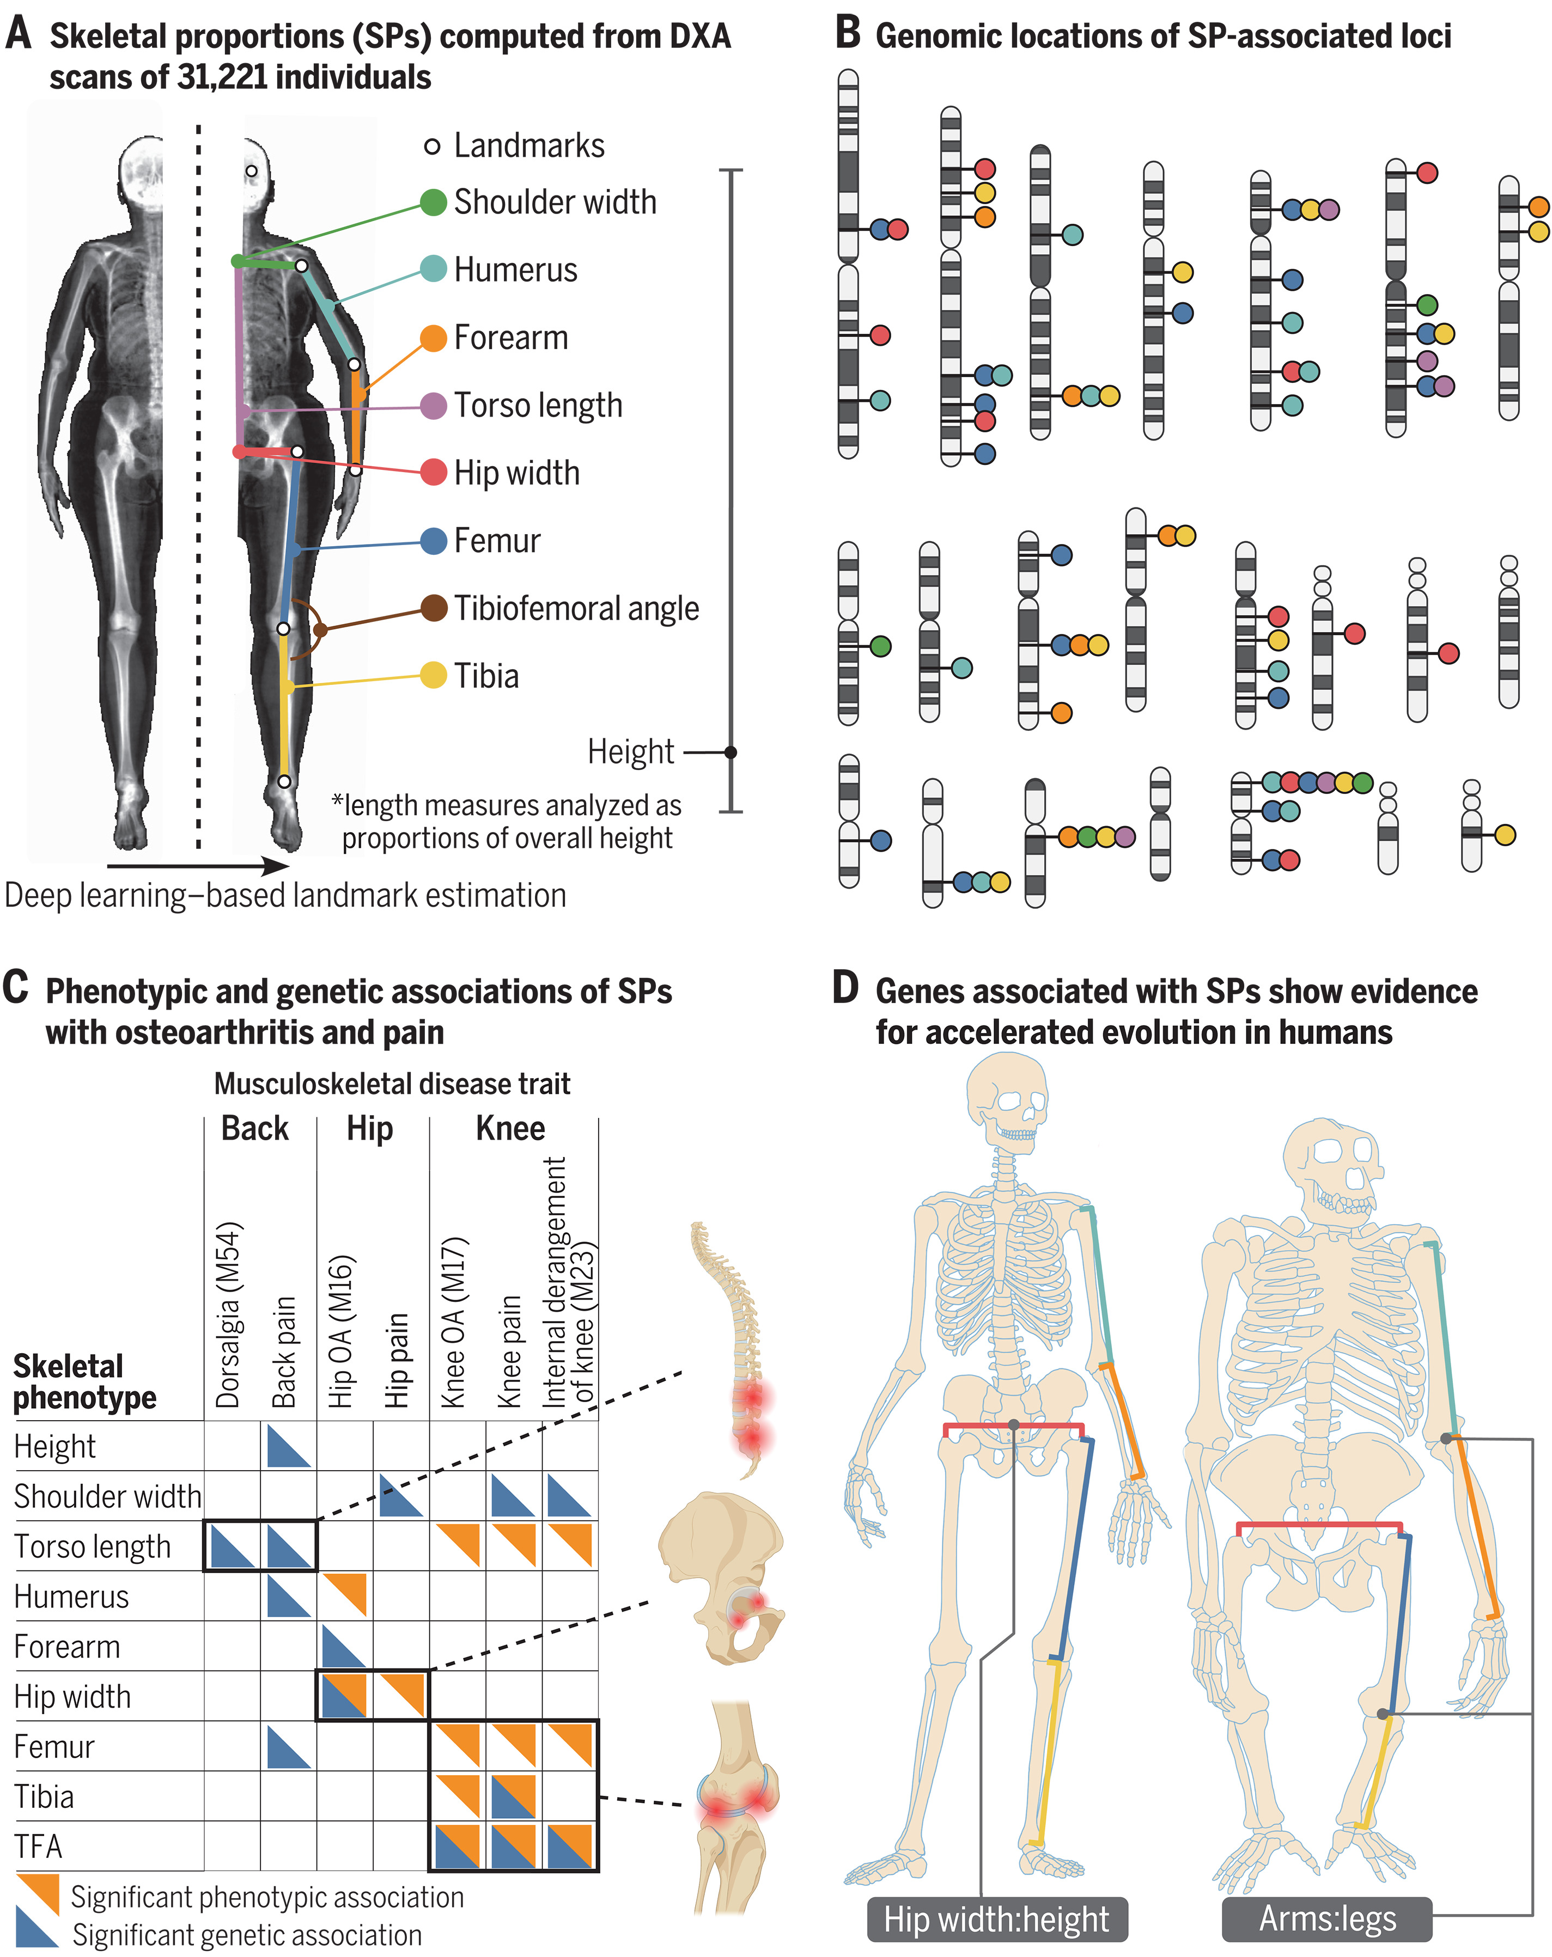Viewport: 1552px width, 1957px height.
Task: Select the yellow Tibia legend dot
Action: click(433, 676)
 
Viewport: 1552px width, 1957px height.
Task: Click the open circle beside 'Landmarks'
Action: click(433, 146)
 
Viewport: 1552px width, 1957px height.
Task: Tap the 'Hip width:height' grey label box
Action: click(996, 1919)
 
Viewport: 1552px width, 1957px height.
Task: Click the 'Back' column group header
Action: click(255, 1128)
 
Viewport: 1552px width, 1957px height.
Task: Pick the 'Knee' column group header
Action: click(510, 1128)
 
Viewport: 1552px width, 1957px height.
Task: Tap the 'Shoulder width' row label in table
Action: click(107, 1496)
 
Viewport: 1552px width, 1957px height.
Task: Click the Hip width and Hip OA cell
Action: click(344, 1696)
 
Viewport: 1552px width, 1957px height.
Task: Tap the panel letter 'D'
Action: click(845, 988)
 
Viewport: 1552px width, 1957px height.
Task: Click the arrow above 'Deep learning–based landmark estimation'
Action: click(198, 866)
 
